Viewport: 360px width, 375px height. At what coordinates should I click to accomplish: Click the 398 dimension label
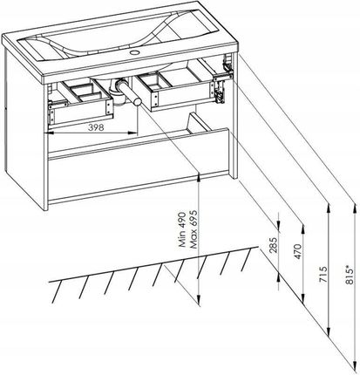point(96,127)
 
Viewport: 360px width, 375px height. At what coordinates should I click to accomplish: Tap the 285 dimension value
point(274,246)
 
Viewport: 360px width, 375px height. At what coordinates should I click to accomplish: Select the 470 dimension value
point(298,252)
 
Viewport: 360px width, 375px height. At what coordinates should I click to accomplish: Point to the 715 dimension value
point(323,274)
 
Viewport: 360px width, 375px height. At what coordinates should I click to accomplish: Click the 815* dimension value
point(350,274)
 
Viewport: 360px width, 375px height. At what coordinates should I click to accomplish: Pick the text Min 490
point(182,229)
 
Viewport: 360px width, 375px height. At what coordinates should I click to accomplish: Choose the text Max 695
point(194,229)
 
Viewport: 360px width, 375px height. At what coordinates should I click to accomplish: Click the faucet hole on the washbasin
point(135,52)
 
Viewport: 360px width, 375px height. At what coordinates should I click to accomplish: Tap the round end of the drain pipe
point(137,101)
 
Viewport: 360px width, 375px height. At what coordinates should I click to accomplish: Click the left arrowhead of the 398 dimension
point(51,133)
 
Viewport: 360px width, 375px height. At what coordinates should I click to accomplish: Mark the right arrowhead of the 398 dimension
point(133,133)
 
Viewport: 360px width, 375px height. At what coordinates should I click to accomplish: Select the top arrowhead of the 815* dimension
point(355,208)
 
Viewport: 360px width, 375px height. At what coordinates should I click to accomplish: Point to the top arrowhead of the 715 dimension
point(329,208)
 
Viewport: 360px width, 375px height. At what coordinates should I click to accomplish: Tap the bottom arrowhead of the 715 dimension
point(329,331)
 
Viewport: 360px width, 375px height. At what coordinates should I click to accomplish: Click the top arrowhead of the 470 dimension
point(302,229)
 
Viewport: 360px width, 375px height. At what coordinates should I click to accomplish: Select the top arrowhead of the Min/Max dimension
point(199,176)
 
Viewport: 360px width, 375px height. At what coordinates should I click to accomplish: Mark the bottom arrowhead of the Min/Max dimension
point(199,299)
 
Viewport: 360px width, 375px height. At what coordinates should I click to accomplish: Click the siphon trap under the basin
point(119,93)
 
